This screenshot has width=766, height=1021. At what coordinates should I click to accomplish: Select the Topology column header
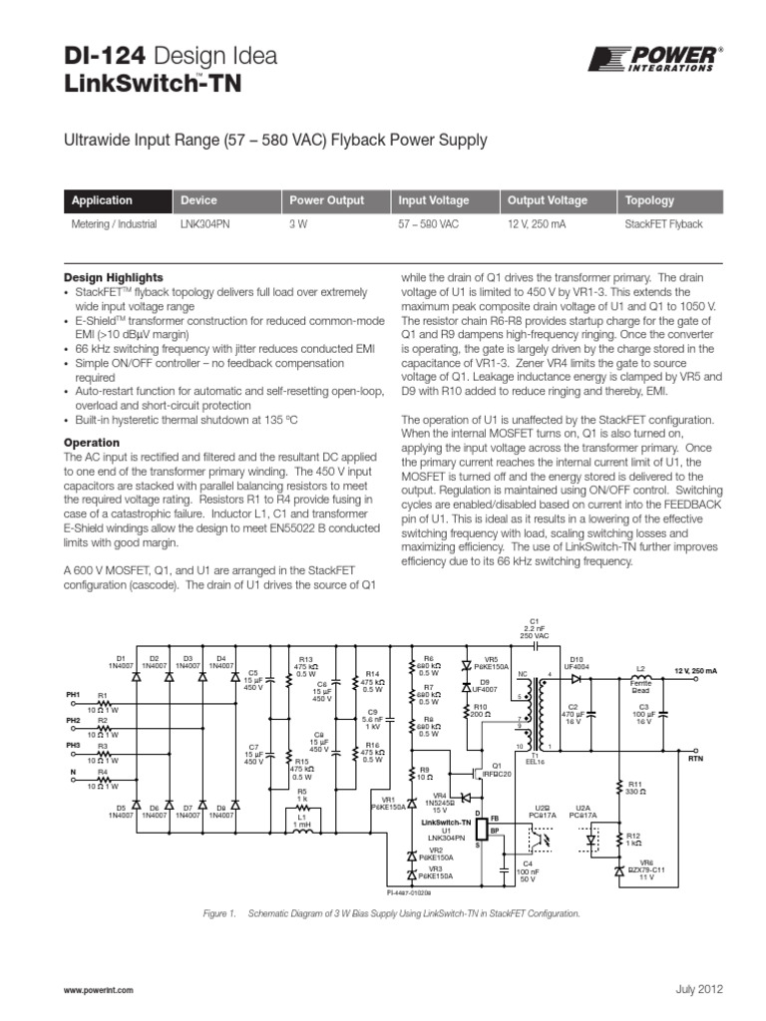tap(649, 200)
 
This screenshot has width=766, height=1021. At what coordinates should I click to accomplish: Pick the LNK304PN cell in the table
tap(204, 224)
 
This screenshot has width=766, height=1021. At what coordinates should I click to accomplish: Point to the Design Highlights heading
tap(114, 277)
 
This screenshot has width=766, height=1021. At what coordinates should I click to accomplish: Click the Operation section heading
tap(92, 442)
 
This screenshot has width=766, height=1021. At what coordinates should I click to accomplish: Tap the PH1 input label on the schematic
tap(73, 694)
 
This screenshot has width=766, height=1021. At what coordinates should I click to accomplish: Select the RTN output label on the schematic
tap(696, 760)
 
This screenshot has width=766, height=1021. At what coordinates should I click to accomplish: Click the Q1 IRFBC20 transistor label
tap(495, 770)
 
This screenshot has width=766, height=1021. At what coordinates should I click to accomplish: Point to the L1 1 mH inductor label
tap(301, 821)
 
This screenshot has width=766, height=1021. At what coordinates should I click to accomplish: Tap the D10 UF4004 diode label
tap(576, 663)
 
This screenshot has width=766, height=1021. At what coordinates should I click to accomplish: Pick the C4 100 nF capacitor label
tap(528, 870)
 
